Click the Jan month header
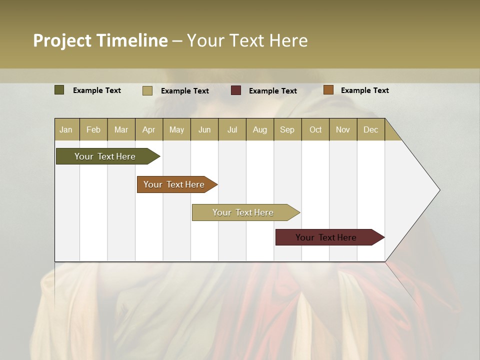pos(66,129)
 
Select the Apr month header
pos(149,129)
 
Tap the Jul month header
pos(232,129)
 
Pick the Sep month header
pos(287,129)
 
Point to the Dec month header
pos(370,129)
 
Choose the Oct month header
pos(315,129)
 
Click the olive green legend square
pos(59,90)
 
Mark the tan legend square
pos(147,90)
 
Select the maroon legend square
pos(236,90)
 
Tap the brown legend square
pos(328,90)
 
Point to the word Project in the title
pos(62,40)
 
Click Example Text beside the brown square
pos(364,90)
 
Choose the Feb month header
pos(93,129)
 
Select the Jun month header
pos(204,129)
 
